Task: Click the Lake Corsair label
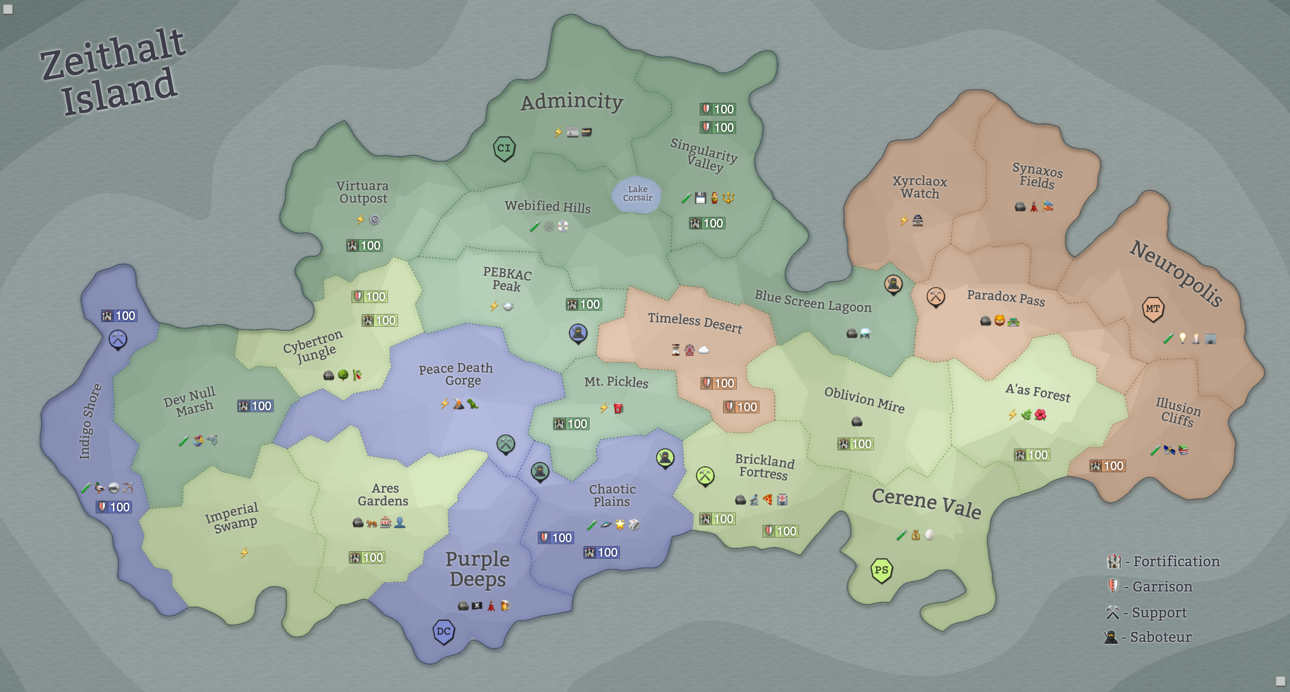pyautogui.click(x=637, y=193)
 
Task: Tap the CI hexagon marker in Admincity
pyautogui.click(x=504, y=148)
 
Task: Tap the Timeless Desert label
pyautogui.click(x=695, y=323)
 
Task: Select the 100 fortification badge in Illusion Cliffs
pyautogui.click(x=1107, y=466)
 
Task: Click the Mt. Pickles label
pyautogui.click(x=616, y=382)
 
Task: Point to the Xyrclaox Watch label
pyautogui.click(x=919, y=187)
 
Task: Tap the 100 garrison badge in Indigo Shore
pyautogui.click(x=114, y=507)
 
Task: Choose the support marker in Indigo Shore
pyautogui.click(x=118, y=339)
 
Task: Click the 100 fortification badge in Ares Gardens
pyautogui.click(x=367, y=557)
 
